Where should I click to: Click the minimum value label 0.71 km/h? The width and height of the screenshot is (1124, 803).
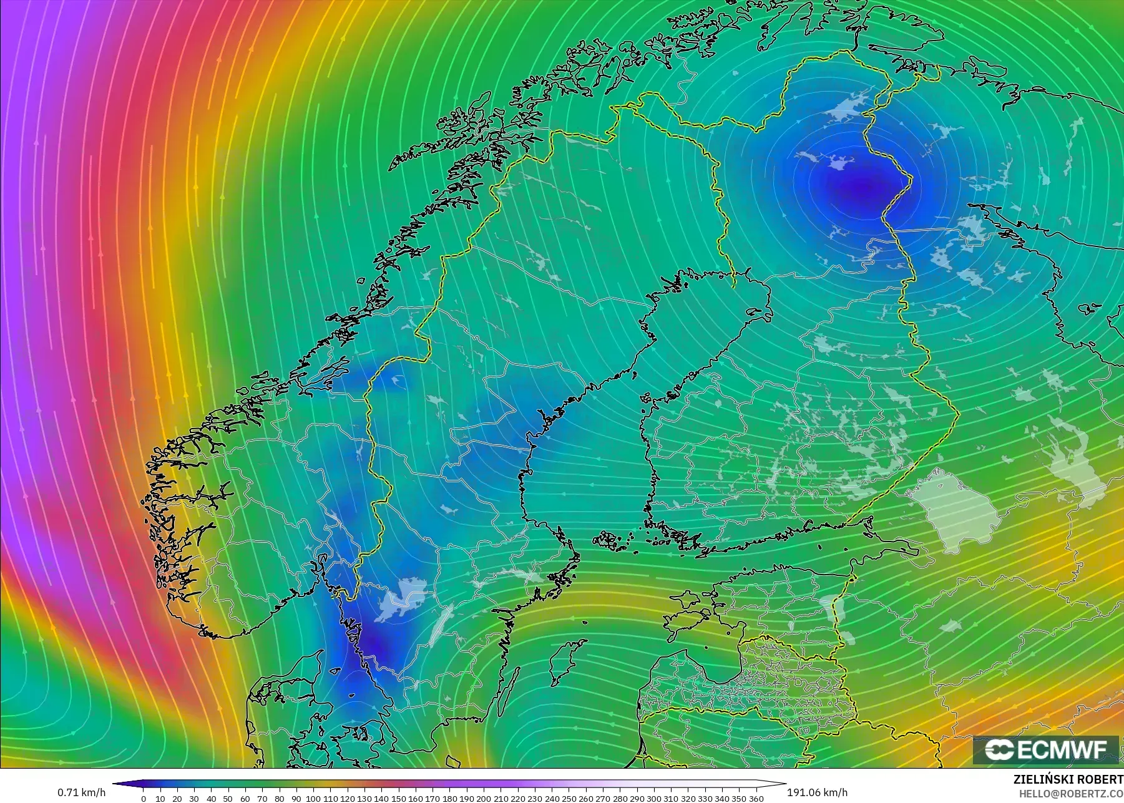pyautogui.click(x=81, y=792)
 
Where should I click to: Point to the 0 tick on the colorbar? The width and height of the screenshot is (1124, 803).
pyautogui.click(x=144, y=798)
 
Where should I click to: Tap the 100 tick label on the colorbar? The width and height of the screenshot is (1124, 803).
pyautogui.click(x=313, y=798)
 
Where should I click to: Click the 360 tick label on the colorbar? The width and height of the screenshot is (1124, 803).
pyautogui.click(x=756, y=798)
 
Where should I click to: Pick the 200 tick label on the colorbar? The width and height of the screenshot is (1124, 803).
pyautogui.click(x=484, y=798)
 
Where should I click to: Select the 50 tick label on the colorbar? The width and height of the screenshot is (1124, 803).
pyautogui.click(x=228, y=798)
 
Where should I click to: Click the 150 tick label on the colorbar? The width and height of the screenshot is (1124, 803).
pyautogui.click(x=398, y=798)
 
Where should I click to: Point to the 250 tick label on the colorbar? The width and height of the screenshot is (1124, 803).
pyautogui.click(x=569, y=798)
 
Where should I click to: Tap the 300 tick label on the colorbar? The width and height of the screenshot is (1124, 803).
pyautogui.click(x=653, y=798)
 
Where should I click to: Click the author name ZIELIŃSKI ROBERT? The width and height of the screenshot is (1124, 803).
pyautogui.click(x=1068, y=780)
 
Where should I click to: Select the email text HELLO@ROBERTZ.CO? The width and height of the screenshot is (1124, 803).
pyautogui.click(x=1071, y=794)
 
